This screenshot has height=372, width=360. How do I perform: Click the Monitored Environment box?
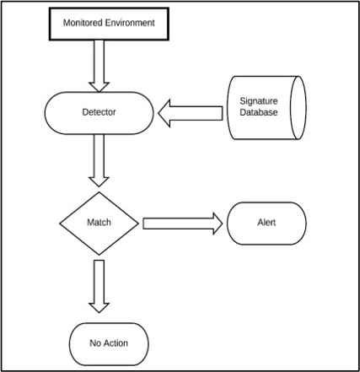109,24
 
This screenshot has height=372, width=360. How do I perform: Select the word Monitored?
83,23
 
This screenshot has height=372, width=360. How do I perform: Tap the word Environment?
130,23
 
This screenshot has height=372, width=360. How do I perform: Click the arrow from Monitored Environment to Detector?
99,66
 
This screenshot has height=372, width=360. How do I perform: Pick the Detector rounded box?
99,113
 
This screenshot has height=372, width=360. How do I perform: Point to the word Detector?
99,112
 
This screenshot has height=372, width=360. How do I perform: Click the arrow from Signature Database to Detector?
191,113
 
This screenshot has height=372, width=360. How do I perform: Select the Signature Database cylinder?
266,108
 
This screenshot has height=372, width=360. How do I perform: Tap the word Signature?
259,101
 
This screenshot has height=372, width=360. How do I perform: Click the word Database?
259,112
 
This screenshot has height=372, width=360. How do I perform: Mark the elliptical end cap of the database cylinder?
298,108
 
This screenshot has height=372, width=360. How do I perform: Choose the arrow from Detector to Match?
99,160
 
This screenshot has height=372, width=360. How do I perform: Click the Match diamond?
99,224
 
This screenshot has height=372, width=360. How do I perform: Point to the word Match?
99,223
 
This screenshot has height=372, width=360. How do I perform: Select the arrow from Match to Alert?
183,224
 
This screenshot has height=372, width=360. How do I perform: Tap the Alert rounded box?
266,224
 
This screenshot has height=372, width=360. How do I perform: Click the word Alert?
266,223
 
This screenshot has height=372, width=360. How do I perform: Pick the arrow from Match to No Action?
99,286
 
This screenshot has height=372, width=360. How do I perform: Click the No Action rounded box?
109,344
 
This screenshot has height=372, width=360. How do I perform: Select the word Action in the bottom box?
116,343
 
